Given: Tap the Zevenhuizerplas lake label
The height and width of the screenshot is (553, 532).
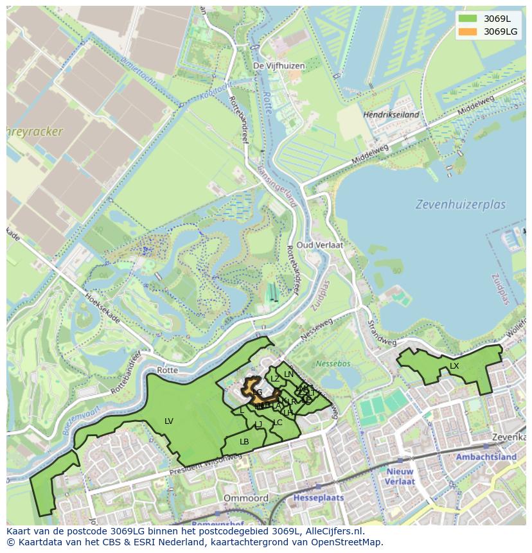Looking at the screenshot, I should (460, 205).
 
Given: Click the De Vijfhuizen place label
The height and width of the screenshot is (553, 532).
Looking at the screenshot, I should (279, 66).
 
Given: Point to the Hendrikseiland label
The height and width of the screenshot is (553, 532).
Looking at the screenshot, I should (391, 115).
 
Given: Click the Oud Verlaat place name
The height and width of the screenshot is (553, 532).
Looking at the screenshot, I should (319, 245).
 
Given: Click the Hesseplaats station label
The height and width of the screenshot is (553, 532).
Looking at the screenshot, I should (319, 498).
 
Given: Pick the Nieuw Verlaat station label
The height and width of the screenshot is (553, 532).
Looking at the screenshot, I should (400, 476).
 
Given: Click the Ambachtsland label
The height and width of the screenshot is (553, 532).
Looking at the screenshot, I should (486, 457).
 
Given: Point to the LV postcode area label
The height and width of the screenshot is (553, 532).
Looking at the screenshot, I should (169, 421).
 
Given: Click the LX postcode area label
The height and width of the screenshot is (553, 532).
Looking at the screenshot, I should (454, 366).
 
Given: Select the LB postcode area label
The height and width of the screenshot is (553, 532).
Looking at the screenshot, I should (244, 442).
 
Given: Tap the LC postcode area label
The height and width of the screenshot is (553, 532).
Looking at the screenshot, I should (278, 423).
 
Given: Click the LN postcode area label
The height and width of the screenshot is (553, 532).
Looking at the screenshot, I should (288, 374).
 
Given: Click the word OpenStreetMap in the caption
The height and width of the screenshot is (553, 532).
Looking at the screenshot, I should (346, 541).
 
